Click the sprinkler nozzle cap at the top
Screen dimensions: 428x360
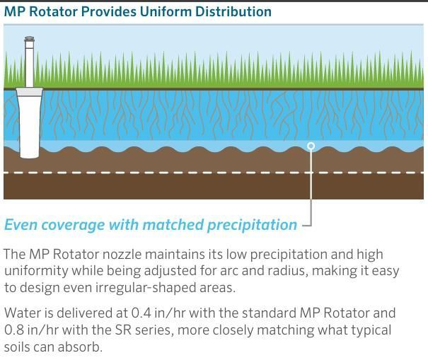(x=29, y=39)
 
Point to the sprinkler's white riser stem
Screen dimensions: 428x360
(x=29, y=64)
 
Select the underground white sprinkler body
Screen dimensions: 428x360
(x=29, y=127)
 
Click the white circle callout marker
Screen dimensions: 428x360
(x=311, y=146)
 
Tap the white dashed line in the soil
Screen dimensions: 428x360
(x=214, y=173)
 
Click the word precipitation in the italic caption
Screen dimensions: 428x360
(x=252, y=225)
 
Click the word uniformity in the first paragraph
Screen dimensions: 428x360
(x=36, y=272)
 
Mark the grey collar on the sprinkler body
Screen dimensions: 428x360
(x=29, y=92)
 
